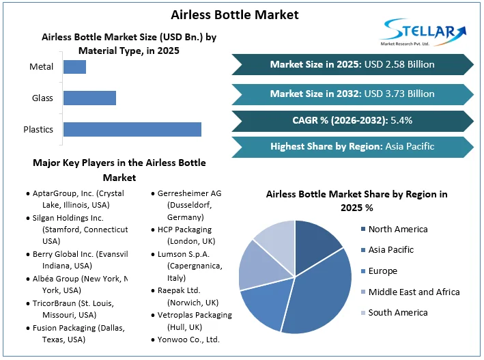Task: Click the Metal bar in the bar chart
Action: point(74,67)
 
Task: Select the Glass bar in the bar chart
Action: point(89,98)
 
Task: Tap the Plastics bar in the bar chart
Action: point(132,129)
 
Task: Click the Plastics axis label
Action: point(38,129)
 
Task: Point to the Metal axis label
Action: point(42,67)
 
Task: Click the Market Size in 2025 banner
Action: point(352,65)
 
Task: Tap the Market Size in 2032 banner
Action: point(352,94)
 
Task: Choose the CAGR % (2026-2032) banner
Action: point(352,121)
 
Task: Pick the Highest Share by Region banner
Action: point(352,146)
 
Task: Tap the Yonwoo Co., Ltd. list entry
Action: point(188,339)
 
